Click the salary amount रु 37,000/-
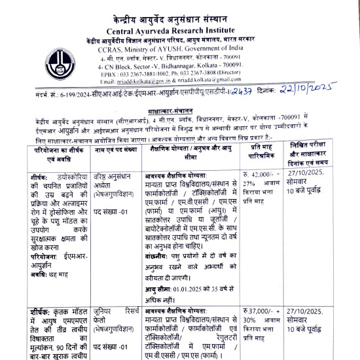coord(256,310)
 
